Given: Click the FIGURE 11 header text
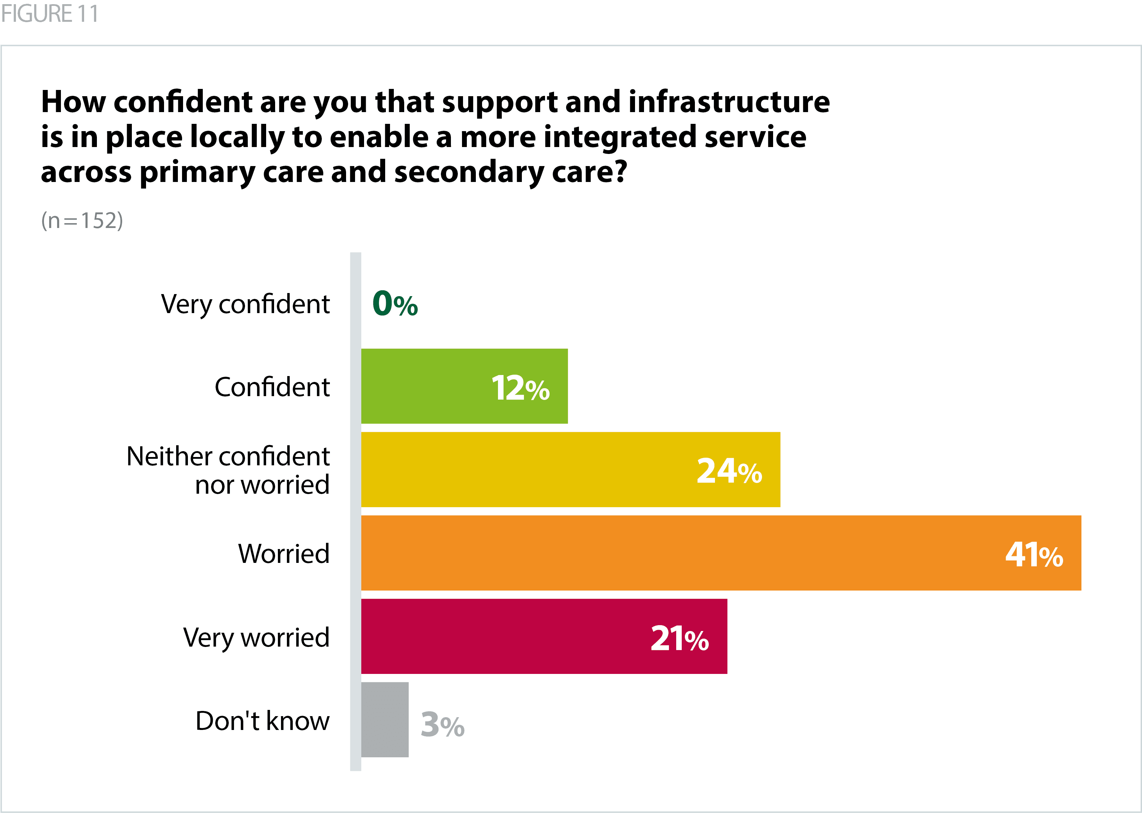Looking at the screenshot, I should coord(49,13).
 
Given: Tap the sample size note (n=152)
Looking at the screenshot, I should coord(82,220).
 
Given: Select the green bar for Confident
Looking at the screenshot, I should coord(426,386).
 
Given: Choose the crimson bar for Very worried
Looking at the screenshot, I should coord(501,636).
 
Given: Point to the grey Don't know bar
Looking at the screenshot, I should coord(384,719).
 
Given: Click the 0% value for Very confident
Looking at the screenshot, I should coord(395,303).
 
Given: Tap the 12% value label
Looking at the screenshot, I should coord(520,387).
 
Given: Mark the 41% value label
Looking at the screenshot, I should coord(1034,554).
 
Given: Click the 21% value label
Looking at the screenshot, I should coord(679,638).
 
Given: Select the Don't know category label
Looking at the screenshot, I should coord(262,721).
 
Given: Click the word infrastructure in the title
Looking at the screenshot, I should coord(729,102).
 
